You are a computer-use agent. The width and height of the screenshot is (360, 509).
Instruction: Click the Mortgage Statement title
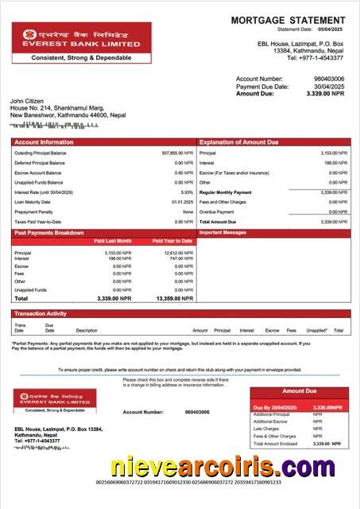(x=288, y=20)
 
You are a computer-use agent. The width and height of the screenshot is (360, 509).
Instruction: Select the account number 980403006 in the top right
(x=329, y=80)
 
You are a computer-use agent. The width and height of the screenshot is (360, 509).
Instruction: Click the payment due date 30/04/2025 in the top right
(x=330, y=87)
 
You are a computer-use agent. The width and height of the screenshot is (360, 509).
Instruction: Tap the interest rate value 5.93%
(x=187, y=192)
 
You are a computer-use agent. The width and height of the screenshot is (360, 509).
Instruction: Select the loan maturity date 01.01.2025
(x=182, y=202)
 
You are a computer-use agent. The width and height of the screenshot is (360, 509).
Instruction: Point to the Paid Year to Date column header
(x=172, y=240)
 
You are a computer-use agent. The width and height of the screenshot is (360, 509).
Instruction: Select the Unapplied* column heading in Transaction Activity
(x=316, y=330)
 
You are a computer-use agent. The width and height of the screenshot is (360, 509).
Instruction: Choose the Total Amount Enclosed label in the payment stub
(x=276, y=443)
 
